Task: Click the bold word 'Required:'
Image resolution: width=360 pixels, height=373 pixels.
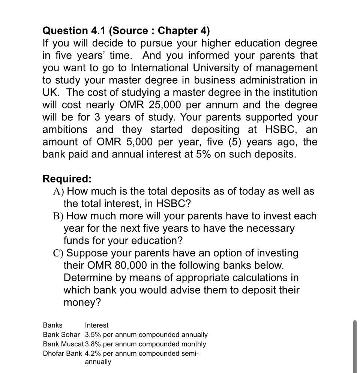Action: click(x=67, y=179)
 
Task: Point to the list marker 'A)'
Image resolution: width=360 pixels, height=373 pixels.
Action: click(x=58, y=192)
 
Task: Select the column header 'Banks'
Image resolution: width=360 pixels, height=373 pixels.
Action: click(x=52, y=325)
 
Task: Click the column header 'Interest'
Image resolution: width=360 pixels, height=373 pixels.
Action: click(x=96, y=325)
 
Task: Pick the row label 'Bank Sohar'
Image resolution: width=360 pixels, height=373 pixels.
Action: click(x=61, y=335)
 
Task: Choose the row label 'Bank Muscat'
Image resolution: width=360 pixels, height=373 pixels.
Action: click(x=63, y=344)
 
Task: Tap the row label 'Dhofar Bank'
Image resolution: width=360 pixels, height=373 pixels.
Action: click(x=62, y=354)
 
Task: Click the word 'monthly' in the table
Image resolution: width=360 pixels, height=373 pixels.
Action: click(x=193, y=344)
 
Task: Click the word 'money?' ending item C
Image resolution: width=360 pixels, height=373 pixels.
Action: click(x=82, y=303)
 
